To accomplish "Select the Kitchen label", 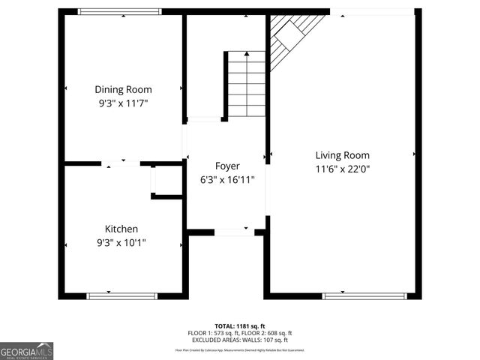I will (x=121, y=229).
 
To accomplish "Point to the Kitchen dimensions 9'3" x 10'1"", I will (x=121, y=242).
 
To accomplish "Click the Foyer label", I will (x=227, y=166).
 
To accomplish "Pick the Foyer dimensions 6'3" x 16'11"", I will (x=227, y=180).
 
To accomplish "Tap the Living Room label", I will (x=342, y=155).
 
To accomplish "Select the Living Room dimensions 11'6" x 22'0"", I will (x=342, y=169).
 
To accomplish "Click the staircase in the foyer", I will (x=246, y=84).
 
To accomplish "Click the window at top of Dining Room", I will (x=120, y=11).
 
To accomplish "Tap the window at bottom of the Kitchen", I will (x=122, y=296).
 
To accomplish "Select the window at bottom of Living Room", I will (x=364, y=296).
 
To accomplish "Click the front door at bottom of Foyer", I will (x=234, y=232).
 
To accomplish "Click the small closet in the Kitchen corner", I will (x=166, y=181).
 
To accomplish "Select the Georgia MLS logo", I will (x=27, y=350).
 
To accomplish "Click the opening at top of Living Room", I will (x=373, y=11).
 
